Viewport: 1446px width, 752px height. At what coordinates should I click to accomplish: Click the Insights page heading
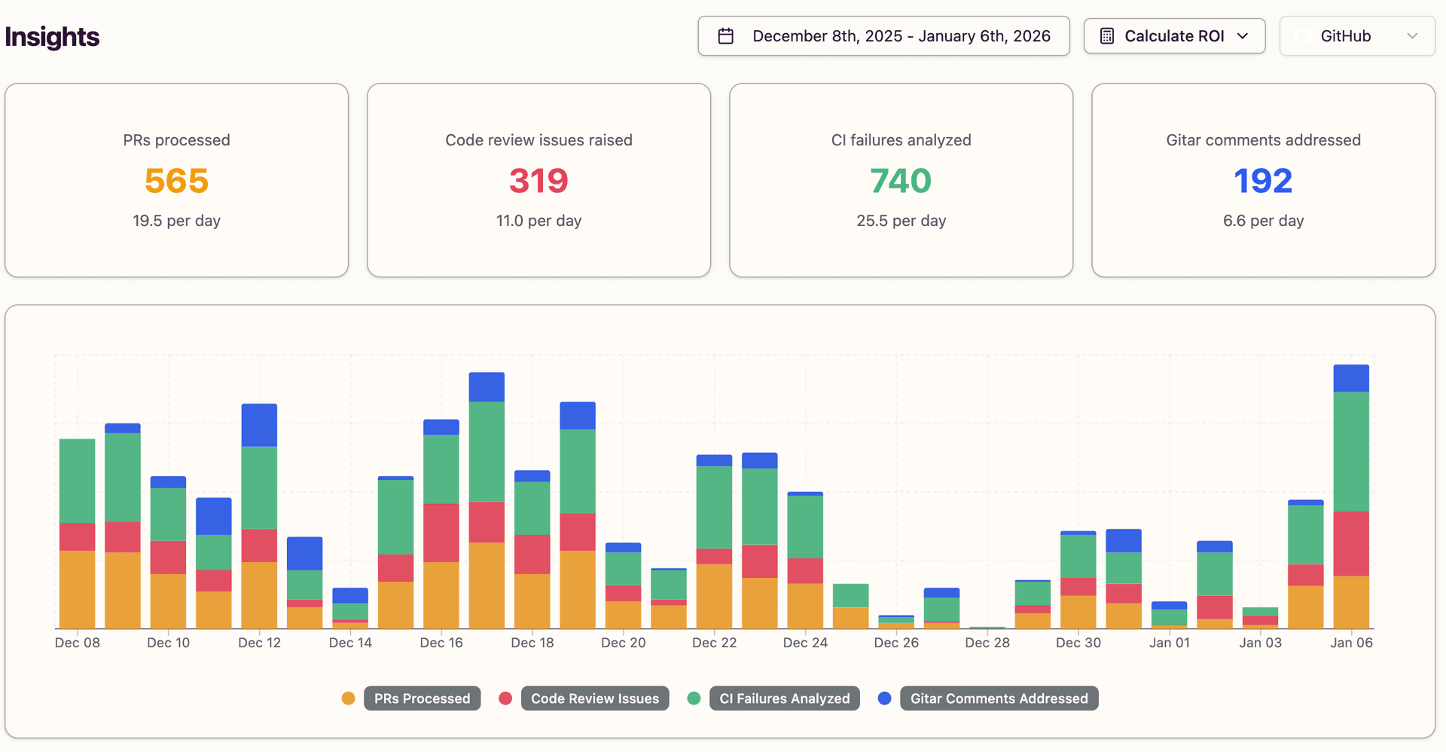pyautogui.click(x=52, y=37)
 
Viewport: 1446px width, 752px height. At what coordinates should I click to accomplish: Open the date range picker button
pyautogui.click(x=883, y=36)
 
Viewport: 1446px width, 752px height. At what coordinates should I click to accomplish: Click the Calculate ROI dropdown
pyautogui.click(x=1174, y=36)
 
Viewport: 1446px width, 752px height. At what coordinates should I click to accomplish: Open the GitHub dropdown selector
pyautogui.click(x=1357, y=36)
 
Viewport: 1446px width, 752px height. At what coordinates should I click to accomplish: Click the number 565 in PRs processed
pyautogui.click(x=176, y=181)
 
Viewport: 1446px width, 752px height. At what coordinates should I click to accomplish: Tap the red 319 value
pyautogui.click(x=538, y=181)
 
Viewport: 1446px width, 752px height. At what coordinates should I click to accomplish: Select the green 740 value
pyautogui.click(x=901, y=181)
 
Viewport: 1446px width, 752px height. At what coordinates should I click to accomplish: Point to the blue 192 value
pyautogui.click(x=1263, y=181)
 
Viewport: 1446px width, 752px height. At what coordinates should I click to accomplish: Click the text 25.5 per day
pyautogui.click(x=901, y=221)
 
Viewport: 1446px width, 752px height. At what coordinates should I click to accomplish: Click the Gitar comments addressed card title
pyautogui.click(x=1263, y=140)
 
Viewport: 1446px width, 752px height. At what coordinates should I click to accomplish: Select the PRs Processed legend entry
pyautogui.click(x=422, y=699)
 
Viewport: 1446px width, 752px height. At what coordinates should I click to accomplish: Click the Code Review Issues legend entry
pyautogui.click(x=594, y=699)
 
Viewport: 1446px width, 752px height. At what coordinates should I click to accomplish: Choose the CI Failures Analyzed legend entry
pyautogui.click(x=784, y=699)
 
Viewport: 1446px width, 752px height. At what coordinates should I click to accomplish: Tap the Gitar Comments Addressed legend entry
pyautogui.click(x=999, y=699)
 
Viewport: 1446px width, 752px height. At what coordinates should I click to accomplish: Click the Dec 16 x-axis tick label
pyautogui.click(x=441, y=643)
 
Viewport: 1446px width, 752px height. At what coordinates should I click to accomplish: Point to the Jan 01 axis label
pyautogui.click(x=1169, y=643)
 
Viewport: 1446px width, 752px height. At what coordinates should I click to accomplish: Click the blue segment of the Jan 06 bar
pyautogui.click(x=1351, y=378)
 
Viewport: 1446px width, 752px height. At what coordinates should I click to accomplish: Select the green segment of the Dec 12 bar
pyautogui.click(x=259, y=488)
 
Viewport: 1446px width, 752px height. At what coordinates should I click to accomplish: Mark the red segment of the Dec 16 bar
pyautogui.click(x=441, y=532)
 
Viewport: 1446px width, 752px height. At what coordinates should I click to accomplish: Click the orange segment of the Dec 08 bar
pyautogui.click(x=78, y=589)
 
